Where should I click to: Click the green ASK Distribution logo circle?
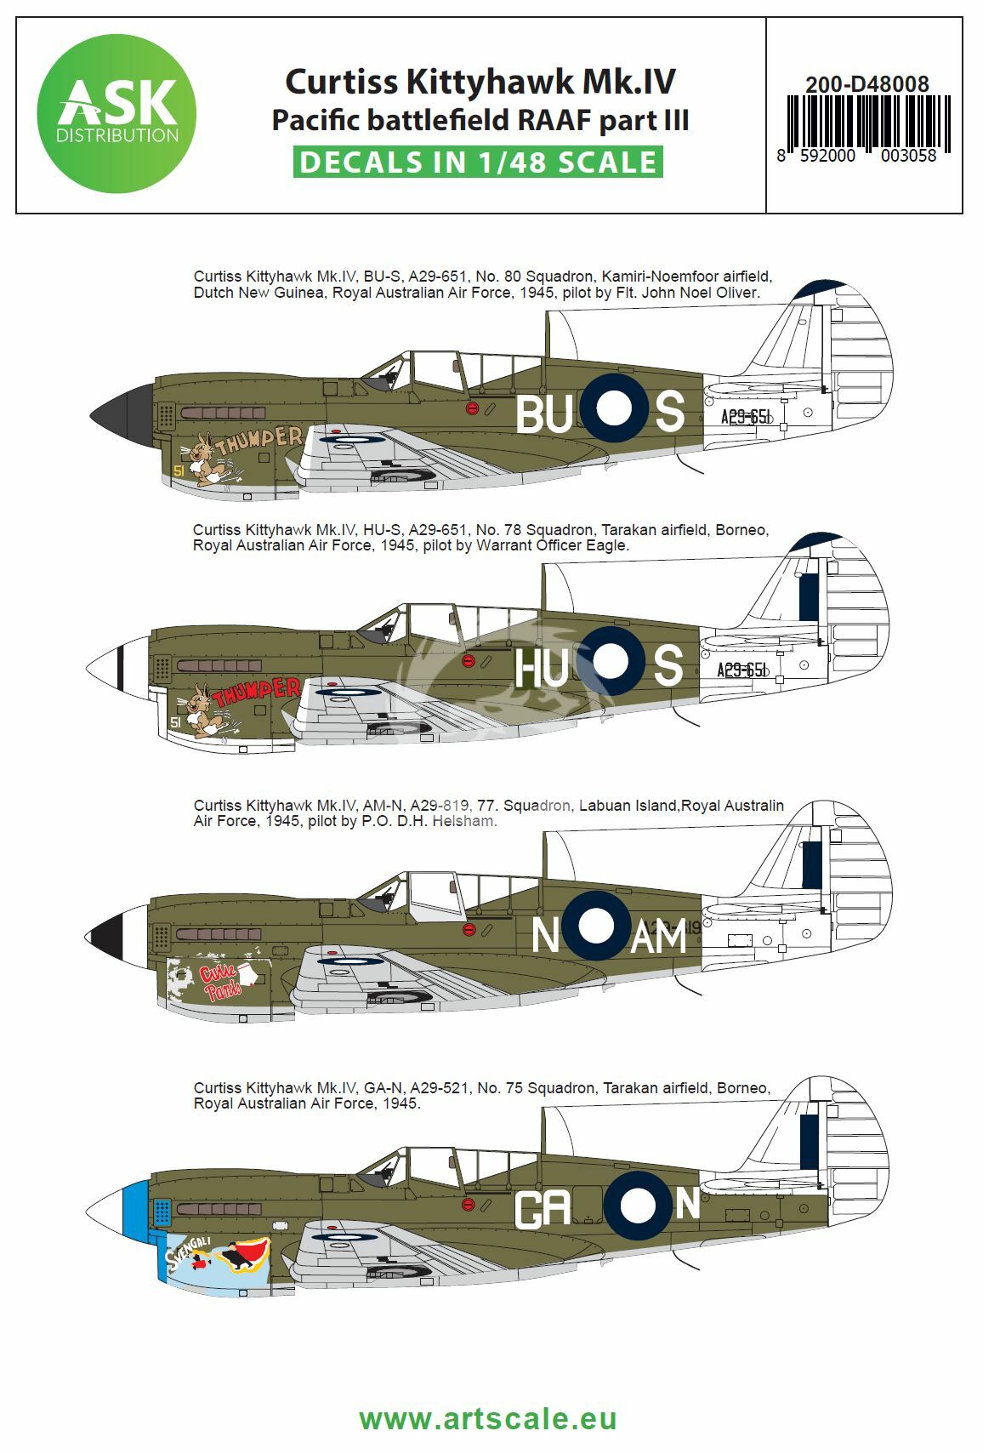coord(116,113)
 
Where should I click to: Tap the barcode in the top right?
coord(868,123)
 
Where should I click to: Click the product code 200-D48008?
coord(867,83)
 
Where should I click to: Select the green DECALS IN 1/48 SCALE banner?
coord(478,162)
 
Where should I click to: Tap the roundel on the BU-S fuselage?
coord(613,408)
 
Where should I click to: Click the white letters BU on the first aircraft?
coord(543,414)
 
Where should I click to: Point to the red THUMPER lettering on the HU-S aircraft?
coord(257,692)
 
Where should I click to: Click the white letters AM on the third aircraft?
coord(658,937)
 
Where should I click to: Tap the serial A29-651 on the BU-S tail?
coord(746,416)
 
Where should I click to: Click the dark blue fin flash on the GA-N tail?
coord(809,1143)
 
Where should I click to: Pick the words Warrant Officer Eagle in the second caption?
coord(552,545)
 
